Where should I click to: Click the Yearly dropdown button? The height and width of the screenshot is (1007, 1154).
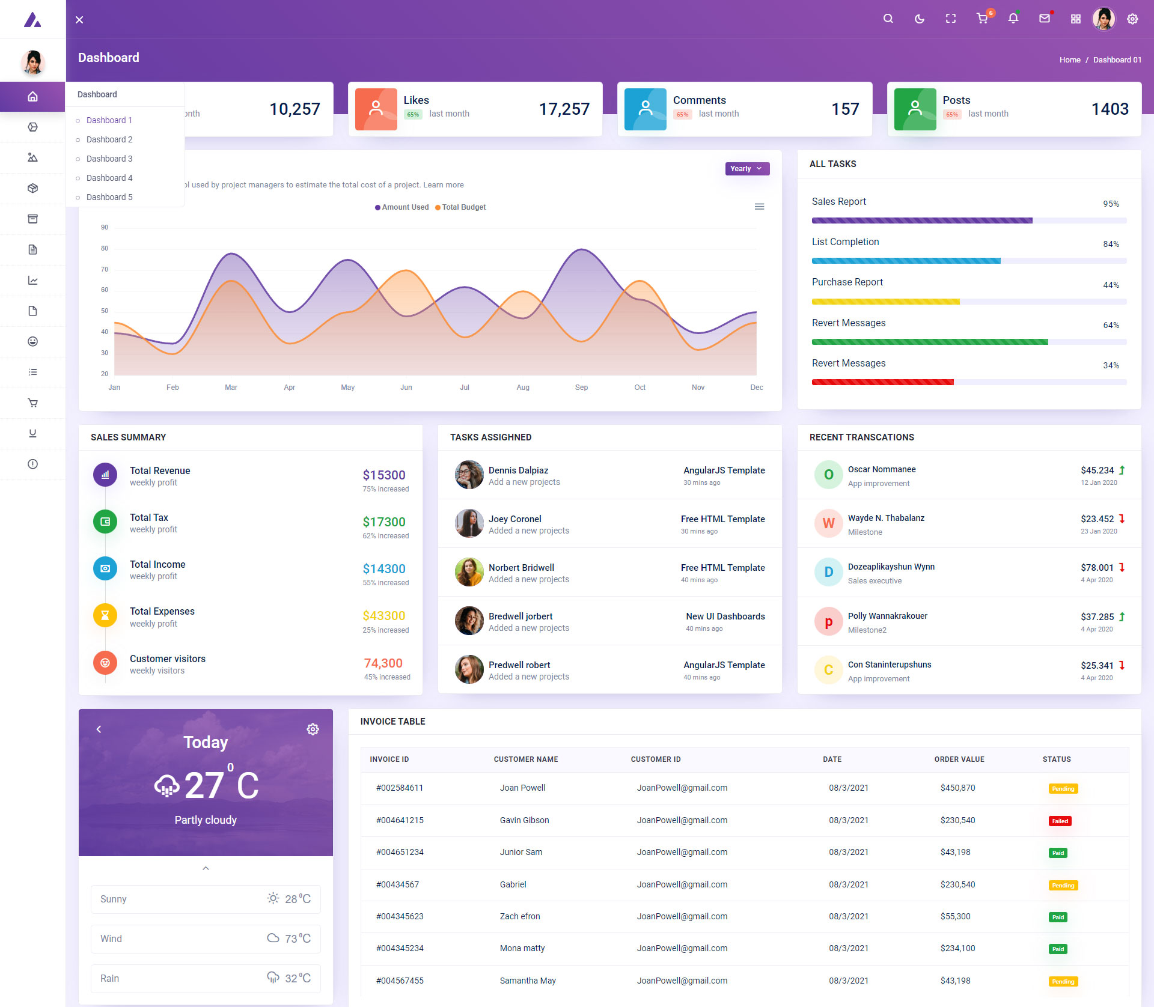pos(746,169)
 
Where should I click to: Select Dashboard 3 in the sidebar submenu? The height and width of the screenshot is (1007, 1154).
pos(109,159)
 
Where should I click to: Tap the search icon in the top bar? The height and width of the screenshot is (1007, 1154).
pos(888,19)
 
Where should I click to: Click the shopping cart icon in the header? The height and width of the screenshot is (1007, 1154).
pos(982,19)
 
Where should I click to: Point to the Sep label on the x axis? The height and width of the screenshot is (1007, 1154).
pos(581,388)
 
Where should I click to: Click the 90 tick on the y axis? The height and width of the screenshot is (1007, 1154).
pos(105,227)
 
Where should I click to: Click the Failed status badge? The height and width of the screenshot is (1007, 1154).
pos(1060,821)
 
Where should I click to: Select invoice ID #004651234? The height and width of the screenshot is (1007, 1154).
pos(400,852)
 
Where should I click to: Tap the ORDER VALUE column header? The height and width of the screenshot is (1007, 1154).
pos(959,759)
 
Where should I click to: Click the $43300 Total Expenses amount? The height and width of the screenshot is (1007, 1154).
pos(383,616)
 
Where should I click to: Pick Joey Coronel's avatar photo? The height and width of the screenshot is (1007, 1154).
pos(469,523)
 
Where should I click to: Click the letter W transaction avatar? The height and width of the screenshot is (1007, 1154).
pos(828,523)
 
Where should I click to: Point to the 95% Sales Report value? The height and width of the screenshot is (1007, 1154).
pos(1111,204)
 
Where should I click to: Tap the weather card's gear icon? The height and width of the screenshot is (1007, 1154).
pos(313,729)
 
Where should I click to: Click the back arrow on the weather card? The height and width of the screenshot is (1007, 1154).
pos(99,729)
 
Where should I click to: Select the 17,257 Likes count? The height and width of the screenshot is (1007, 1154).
pos(564,109)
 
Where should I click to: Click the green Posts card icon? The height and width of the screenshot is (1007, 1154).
pos(915,109)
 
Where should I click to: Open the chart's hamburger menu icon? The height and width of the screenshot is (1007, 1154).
pos(759,207)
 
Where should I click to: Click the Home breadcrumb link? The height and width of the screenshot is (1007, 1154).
pos(1069,60)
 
